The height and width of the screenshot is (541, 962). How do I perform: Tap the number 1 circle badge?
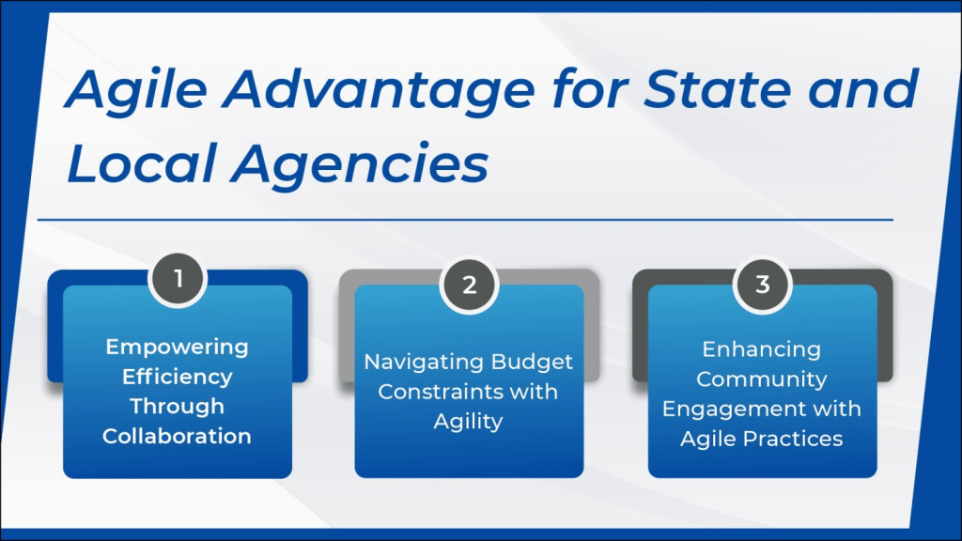(x=178, y=280)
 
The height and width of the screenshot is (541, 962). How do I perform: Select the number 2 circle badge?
(x=470, y=285)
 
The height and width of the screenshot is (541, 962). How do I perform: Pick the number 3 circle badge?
(x=763, y=285)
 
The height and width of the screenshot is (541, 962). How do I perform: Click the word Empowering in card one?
(x=178, y=348)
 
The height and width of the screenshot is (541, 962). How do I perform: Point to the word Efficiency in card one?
(x=178, y=377)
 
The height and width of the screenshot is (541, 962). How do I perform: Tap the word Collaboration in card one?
(x=178, y=436)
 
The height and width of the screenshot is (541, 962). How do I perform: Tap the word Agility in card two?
(x=468, y=422)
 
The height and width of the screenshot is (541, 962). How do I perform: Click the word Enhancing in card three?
(x=761, y=349)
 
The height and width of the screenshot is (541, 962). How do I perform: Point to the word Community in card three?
(x=761, y=379)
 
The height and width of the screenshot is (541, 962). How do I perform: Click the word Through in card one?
(x=178, y=406)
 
